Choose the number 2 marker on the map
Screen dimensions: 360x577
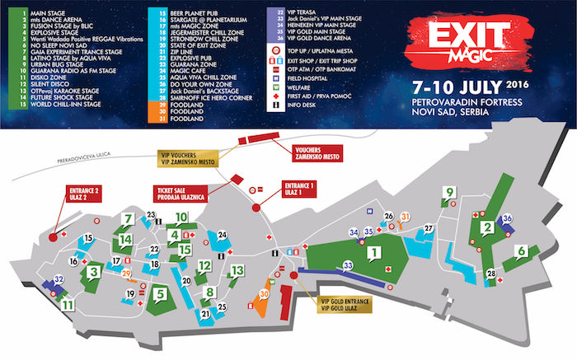[487, 227]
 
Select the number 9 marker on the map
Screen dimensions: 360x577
[449, 193]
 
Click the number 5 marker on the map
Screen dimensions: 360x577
[160, 291]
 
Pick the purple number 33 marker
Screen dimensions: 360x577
[348, 264]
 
